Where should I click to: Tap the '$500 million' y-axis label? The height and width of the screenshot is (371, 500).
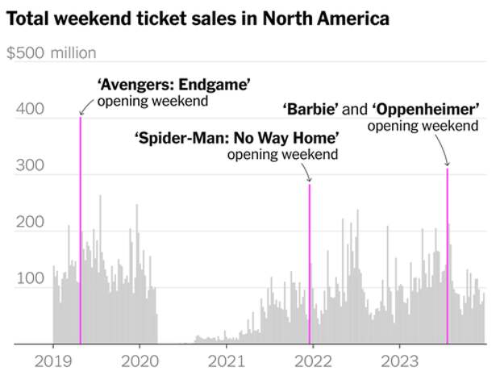(51, 53)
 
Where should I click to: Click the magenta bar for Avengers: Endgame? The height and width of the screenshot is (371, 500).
(81, 234)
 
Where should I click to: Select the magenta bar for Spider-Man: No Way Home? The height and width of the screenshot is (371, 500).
(310, 266)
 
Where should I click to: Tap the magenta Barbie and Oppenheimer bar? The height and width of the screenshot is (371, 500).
(448, 258)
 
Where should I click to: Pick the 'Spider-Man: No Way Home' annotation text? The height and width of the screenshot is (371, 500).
(235, 138)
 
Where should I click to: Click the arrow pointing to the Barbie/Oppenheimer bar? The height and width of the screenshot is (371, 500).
(440, 149)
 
